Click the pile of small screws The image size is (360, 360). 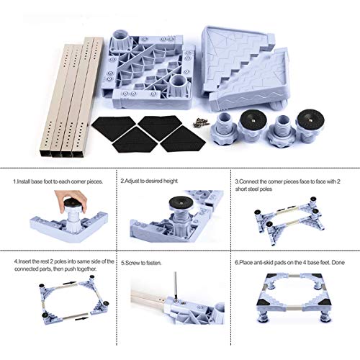[x=199, y=122]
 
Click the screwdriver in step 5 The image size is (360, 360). [x=176, y=285]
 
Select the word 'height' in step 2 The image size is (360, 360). [x=170, y=181]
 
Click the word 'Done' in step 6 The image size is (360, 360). [x=338, y=262]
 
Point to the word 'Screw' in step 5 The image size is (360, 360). [x=132, y=263]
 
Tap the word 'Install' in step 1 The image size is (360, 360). [x=24, y=181]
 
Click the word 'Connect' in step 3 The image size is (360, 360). [x=248, y=181]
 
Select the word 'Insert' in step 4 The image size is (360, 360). [x=25, y=261]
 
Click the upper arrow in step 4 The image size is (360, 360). [x=70, y=283]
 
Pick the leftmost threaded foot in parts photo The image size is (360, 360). [x=222, y=127]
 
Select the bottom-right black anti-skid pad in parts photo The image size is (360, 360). [x=183, y=141]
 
